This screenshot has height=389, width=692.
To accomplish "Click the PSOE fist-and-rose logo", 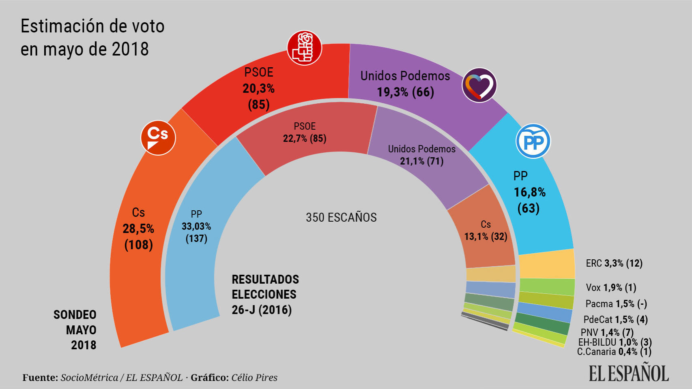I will click(x=304, y=48).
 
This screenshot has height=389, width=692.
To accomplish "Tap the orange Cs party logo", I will click(x=158, y=137).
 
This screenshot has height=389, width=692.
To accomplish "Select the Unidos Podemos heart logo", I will click(x=479, y=85).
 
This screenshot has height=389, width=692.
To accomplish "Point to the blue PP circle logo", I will click(x=533, y=141).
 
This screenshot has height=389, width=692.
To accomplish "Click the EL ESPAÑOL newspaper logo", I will click(x=628, y=373).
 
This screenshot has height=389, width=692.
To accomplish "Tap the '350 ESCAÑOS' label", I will click(x=341, y=218).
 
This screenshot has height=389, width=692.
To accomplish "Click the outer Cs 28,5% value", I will click(x=138, y=229).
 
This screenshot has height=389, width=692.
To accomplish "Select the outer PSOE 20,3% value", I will click(x=258, y=88).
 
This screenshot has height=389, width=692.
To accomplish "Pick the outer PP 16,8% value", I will click(x=529, y=192).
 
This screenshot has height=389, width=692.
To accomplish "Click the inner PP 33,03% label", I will click(x=196, y=226).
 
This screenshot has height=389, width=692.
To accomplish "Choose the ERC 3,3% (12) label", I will click(x=614, y=263).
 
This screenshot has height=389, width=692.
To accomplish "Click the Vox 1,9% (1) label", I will click(x=611, y=288).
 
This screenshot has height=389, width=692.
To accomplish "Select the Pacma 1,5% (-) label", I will click(x=616, y=304).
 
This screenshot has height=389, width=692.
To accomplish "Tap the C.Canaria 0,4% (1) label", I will click(x=614, y=352).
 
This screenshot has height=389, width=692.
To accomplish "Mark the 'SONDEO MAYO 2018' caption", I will click(x=75, y=330).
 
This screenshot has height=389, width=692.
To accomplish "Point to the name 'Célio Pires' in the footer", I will click(x=254, y=378).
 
